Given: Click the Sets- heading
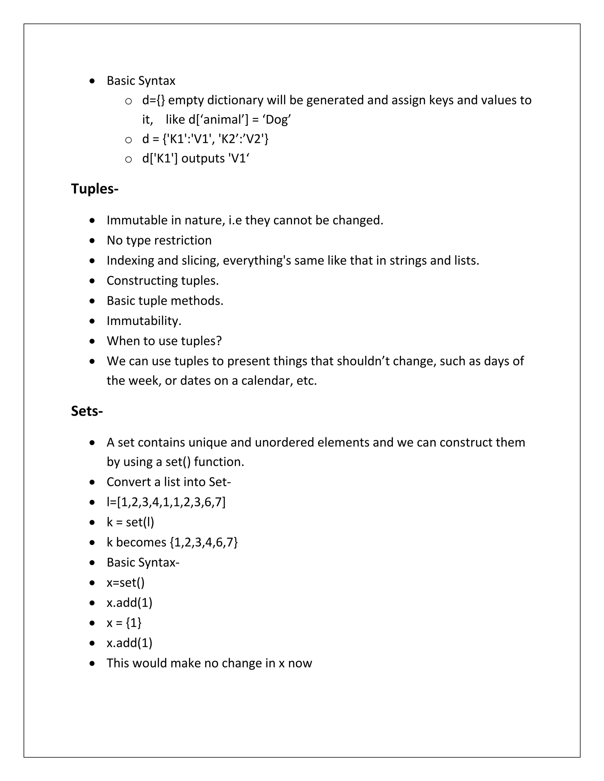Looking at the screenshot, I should pyautogui.click(x=87, y=411).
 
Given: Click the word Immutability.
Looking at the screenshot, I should pyautogui.click(x=144, y=321).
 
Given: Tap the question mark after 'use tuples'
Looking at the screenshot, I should pyautogui.click(x=219, y=341).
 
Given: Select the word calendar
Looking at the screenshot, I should pyautogui.click(x=267, y=380).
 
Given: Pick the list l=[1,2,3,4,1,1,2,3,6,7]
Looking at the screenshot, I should pyautogui.click(x=166, y=502).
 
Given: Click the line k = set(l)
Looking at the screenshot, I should pyautogui.click(x=130, y=522).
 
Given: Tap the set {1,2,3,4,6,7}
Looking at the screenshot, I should pyautogui.click(x=203, y=542).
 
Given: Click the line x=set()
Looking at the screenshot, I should pyautogui.click(x=126, y=583).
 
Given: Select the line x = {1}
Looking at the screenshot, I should pyautogui.click(x=124, y=622).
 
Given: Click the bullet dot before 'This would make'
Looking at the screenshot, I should pyautogui.click(x=92, y=663).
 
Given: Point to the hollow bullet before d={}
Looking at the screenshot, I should pyautogui.click(x=128, y=101).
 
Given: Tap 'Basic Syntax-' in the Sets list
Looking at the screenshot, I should pyautogui.click(x=143, y=563).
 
